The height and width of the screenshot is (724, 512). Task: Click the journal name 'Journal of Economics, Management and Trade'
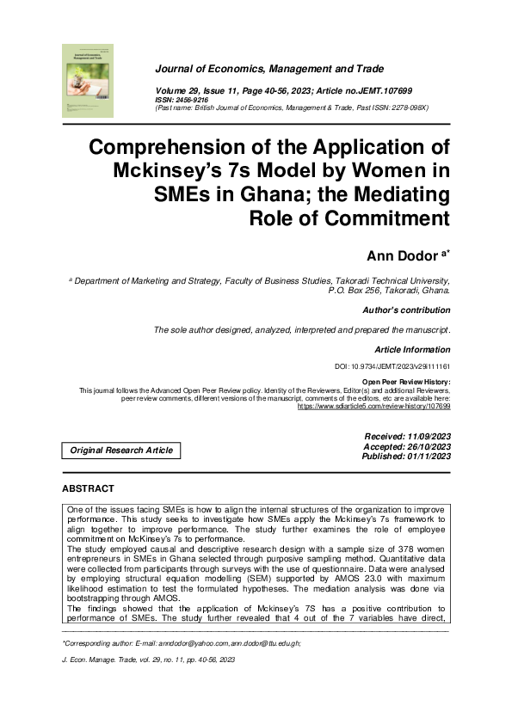point(269,69)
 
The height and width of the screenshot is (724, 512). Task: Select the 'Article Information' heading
point(412,349)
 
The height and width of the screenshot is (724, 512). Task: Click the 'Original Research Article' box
point(121,451)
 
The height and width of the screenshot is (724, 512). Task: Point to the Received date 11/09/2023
point(407,438)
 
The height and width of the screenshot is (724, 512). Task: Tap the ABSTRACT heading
point(88,488)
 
